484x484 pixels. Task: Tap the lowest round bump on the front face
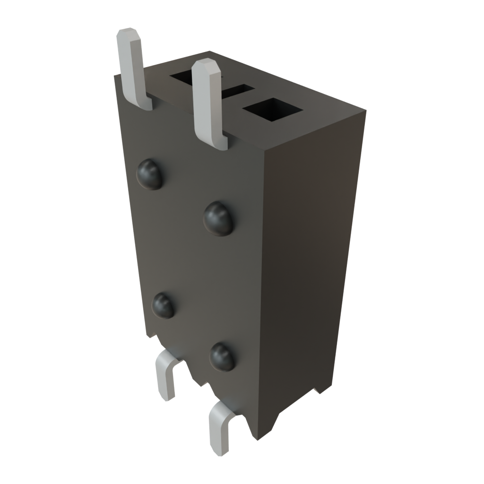coord(222,356)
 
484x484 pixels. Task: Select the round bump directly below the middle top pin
coord(219,218)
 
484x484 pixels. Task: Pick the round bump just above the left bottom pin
coord(164,305)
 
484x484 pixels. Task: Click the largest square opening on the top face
coord(272,110)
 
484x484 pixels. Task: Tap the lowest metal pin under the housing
coord(220,428)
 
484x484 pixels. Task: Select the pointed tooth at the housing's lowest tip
coord(258,438)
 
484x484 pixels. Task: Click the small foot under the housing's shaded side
coord(318,390)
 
